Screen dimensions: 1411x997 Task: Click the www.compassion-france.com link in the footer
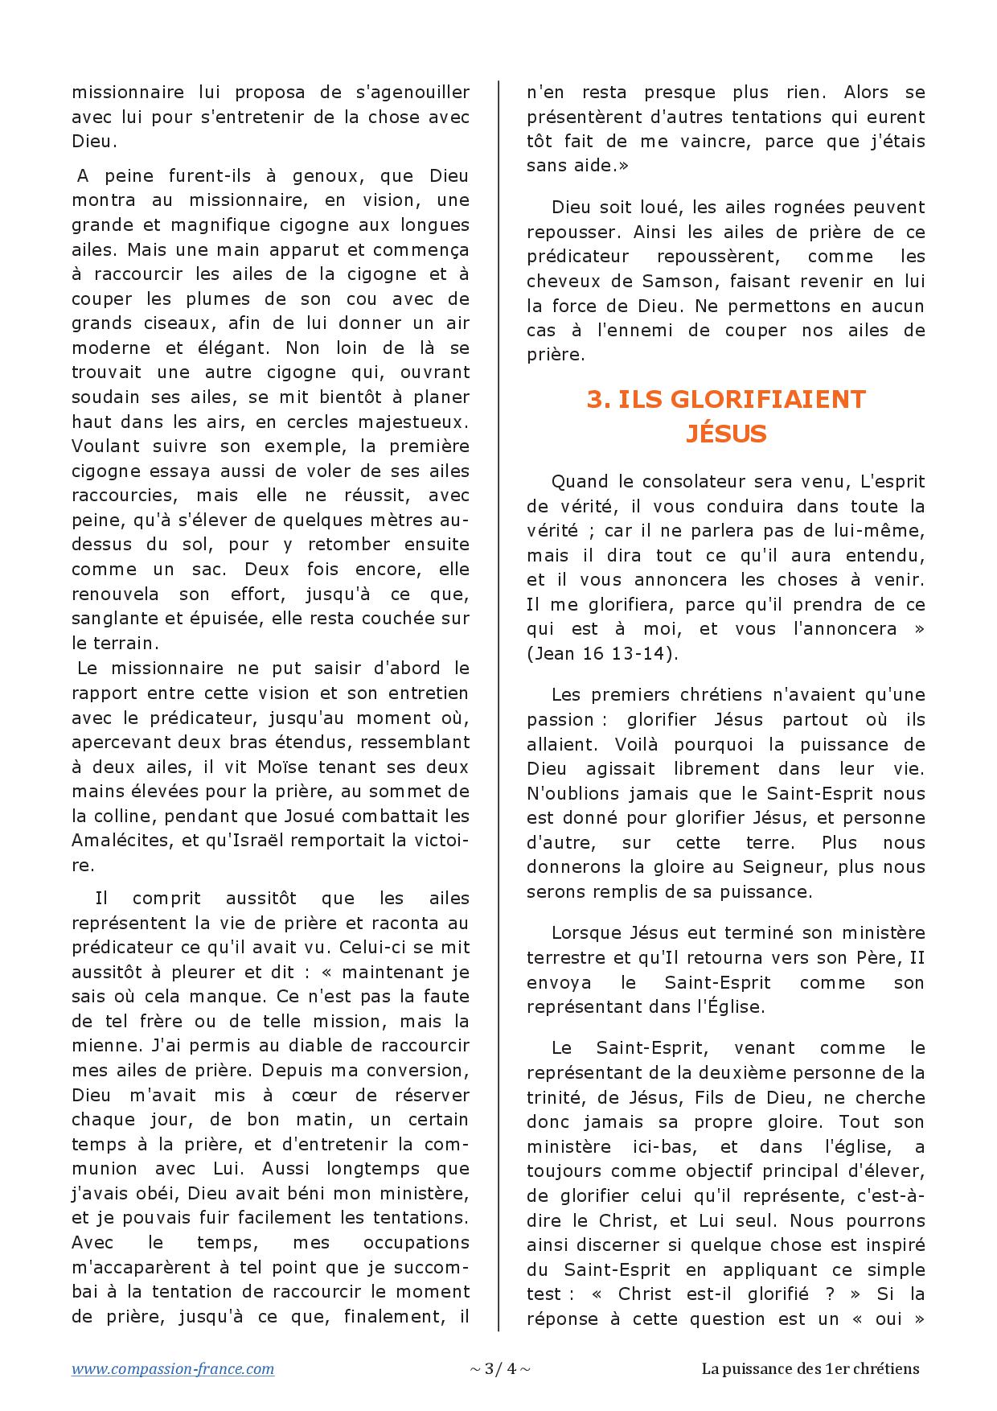pyautogui.click(x=173, y=1368)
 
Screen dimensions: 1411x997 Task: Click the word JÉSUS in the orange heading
pyautogui.click(x=726, y=434)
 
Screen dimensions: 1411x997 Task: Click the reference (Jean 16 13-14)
pyautogui.click(x=602, y=653)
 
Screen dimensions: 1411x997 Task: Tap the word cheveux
pyautogui.click(x=560, y=282)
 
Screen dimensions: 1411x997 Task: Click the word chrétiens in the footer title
pyautogui.click(x=887, y=1368)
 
